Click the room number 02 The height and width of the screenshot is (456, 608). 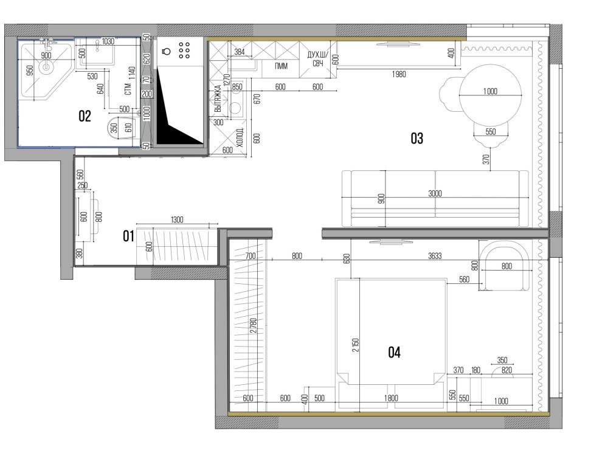click(x=85, y=116)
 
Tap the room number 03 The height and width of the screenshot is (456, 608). click(x=417, y=138)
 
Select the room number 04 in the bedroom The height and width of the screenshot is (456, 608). click(x=394, y=352)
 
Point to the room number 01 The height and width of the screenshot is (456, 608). click(x=128, y=236)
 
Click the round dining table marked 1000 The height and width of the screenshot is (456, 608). click(x=490, y=95)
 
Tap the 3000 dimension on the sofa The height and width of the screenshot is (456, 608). click(x=435, y=193)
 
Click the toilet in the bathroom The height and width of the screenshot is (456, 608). click(x=120, y=127)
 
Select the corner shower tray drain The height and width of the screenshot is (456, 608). click(x=46, y=67)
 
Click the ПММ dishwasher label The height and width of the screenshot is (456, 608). click(x=281, y=66)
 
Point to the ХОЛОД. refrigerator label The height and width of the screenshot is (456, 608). click(x=240, y=137)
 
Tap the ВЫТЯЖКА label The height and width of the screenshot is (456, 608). click(x=218, y=98)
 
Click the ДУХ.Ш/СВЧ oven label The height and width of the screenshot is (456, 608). click(x=317, y=58)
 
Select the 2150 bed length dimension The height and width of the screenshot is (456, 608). click(x=356, y=345)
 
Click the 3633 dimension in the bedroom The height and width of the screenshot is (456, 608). click(x=435, y=256)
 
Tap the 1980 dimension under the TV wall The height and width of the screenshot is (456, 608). click(x=399, y=74)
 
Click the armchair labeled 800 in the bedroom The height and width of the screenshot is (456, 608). click(x=505, y=266)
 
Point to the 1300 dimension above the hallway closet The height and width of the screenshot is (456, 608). click(x=177, y=220)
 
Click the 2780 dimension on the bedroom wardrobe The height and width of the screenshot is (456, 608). click(x=253, y=326)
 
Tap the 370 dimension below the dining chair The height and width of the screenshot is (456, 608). click(x=486, y=159)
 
